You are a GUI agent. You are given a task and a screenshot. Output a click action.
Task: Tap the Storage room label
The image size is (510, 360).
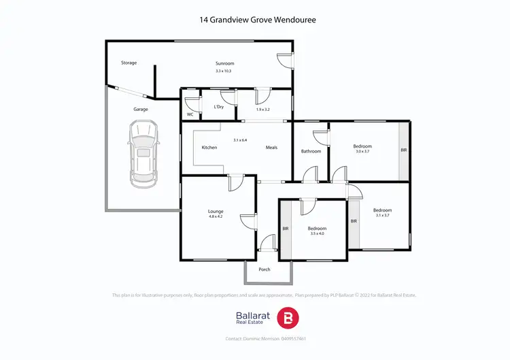click(x=129, y=63)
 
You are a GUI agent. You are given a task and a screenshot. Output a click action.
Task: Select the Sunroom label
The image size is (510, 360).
click(x=224, y=63)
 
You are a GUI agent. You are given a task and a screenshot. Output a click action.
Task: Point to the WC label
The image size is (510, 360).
click(x=190, y=114)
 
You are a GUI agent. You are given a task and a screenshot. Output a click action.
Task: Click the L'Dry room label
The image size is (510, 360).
click(x=219, y=107)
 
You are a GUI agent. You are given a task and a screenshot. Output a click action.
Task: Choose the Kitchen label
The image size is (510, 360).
click(x=209, y=148)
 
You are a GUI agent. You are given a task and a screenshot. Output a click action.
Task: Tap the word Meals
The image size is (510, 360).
click(x=271, y=148)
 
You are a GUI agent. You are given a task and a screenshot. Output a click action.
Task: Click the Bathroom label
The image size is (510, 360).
click(x=311, y=151)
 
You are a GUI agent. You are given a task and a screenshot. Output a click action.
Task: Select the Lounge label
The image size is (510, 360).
click(x=216, y=212)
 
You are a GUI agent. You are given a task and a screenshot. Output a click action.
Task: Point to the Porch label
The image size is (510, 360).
click(x=265, y=269)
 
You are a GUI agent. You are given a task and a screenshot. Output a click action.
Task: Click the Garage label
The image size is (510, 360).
click(x=141, y=109)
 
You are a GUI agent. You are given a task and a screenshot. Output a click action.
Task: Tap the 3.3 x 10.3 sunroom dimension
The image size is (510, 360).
click(x=224, y=71)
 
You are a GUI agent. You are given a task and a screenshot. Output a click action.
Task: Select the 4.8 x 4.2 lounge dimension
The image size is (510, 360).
click(x=216, y=218)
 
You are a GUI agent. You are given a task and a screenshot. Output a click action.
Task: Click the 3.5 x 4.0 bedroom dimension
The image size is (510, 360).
click(x=318, y=234)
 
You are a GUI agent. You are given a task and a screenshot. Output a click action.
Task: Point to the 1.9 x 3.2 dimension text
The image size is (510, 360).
click(x=263, y=110)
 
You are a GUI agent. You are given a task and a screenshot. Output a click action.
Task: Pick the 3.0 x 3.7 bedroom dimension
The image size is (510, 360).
click(x=362, y=152)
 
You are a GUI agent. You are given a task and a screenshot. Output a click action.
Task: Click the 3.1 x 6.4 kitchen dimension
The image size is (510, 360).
click(x=240, y=140)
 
